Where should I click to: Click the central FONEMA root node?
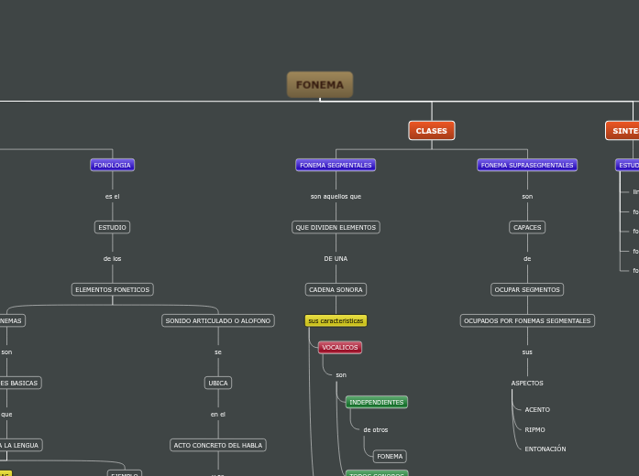click(320, 85)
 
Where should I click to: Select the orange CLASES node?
click(432, 131)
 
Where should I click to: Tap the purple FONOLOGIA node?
click(112, 165)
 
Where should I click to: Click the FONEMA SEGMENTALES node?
click(336, 165)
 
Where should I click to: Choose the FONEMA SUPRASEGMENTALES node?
click(527, 165)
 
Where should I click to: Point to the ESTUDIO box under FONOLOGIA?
click(112, 227)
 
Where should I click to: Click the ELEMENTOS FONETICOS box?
click(112, 289)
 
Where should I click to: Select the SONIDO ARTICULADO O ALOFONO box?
click(218, 320)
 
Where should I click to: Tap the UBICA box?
click(218, 383)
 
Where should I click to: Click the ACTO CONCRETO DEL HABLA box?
click(218, 445)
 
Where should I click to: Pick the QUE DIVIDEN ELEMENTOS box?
click(336, 227)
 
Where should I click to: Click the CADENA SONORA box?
click(336, 289)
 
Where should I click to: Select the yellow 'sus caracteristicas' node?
click(336, 320)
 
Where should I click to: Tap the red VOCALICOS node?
click(340, 347)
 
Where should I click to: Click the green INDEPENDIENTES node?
click(376, 402)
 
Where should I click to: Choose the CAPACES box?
click(527, 227)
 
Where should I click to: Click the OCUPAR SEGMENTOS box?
click(527, 289)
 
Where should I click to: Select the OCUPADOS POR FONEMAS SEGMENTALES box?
click(527, 320)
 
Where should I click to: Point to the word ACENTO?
click(537, 409)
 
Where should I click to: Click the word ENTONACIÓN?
click(545, 449)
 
